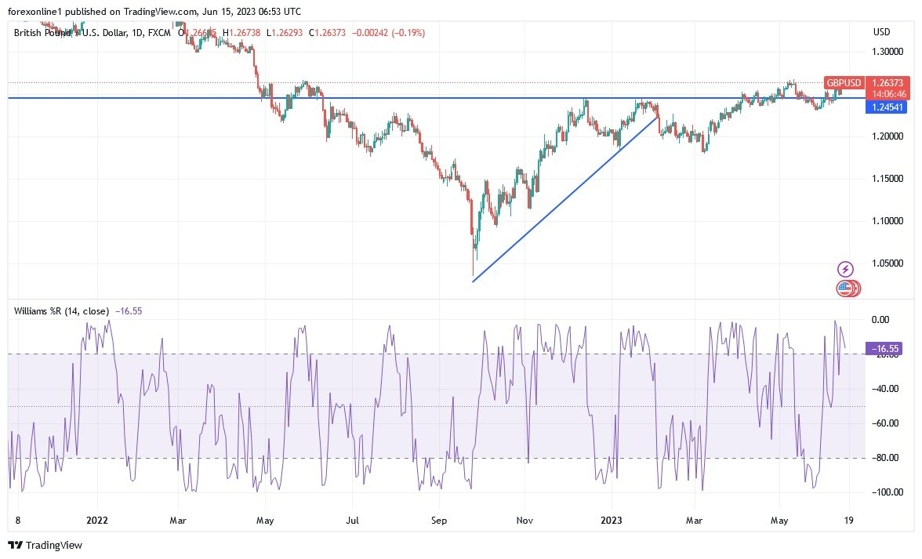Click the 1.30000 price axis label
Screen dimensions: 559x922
click(887, 52)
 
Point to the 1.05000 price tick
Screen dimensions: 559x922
click(887, 263)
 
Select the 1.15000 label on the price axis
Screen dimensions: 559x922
click(887, 179)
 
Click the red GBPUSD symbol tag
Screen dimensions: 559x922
click(844, 83)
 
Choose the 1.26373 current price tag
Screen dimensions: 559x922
click(888, 83)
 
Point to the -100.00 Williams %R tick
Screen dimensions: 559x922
click(886, 492)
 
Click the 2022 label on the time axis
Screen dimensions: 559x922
click(97, 519)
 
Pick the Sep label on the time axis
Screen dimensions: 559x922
click(438, 519)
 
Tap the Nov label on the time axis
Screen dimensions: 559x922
click(524, 519)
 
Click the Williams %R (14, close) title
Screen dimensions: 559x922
click(61, 311)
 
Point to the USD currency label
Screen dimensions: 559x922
click(881, 31)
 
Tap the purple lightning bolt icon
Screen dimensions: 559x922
click(845, 269)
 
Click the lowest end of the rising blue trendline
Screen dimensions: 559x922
click(473, 281)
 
